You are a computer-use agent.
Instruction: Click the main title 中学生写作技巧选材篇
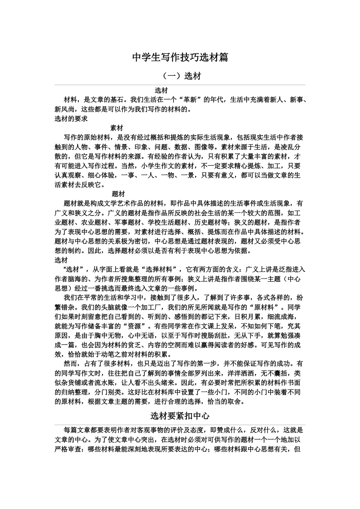(180, 58)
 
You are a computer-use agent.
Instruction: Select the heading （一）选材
(180, 76)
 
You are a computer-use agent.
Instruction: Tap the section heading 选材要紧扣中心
(180, 416)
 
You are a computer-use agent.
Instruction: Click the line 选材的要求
(71, 119)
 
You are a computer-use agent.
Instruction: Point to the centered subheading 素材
(116, 128)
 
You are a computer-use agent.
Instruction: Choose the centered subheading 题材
(118, 194)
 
